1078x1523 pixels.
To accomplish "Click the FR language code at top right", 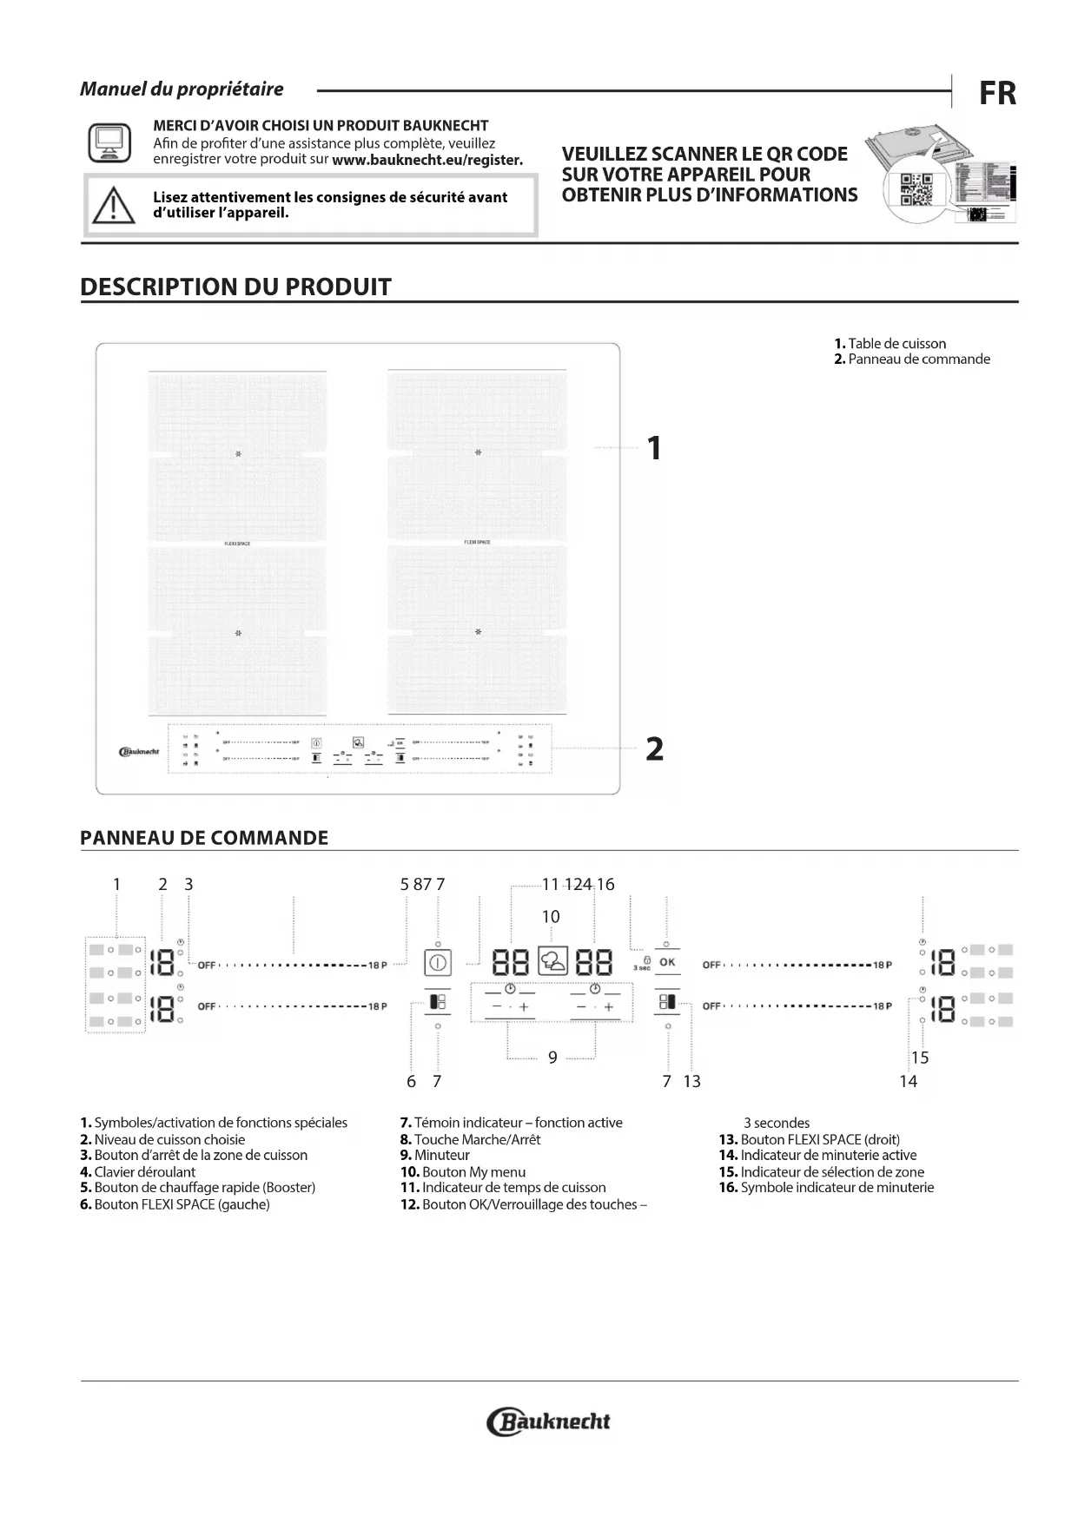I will click(x=997, y=94).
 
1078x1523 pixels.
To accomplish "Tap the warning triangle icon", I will click(x=110, y=206).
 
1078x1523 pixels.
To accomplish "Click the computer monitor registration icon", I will click(x=109, y=142).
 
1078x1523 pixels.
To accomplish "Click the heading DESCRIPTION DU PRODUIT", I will click(x=235, y=287).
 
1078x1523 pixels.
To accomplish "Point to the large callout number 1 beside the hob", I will click(x=654, y=449).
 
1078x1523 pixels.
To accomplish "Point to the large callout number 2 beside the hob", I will click(x=654, y=748).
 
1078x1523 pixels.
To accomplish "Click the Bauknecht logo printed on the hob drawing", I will click(x=137, y=752).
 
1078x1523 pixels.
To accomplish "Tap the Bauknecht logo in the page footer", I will click(x=550, y=1421).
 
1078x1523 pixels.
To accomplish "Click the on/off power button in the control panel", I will click(x=438, y=963).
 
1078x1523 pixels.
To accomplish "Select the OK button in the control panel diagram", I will click(x=666, y=962).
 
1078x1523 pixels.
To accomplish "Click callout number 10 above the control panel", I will click(x=551, y=917).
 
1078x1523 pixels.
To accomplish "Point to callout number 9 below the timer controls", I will click(x=552, y=1058).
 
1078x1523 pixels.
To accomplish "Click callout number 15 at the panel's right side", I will click(x=920, y=1058).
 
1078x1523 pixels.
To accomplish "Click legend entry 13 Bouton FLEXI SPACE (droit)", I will click(x=809, y=1139).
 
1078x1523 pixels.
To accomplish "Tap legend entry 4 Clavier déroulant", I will click(x=138, y=1171).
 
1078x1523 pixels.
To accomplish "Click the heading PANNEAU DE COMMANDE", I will click(x=204, y=838).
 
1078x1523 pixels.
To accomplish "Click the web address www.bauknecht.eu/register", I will click(x=427, y=160).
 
